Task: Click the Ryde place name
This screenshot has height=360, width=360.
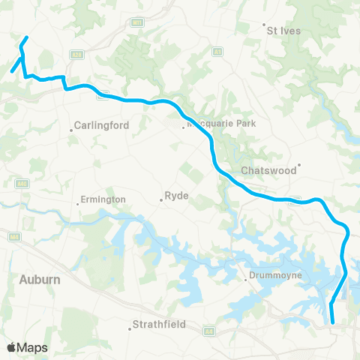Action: tap(175, 198)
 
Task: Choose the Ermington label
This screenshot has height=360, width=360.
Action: tap(103, 199)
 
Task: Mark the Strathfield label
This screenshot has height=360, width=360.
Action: tap(157, 325)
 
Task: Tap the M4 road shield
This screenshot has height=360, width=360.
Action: tap(13, 236)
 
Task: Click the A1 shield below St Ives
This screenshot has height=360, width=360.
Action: tap(217, 52)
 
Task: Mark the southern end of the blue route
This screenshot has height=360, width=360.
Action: tap(332, 322)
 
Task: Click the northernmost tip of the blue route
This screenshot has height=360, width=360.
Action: tap(27, 37)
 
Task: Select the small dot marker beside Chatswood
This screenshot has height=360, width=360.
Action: tap(299, 165)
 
